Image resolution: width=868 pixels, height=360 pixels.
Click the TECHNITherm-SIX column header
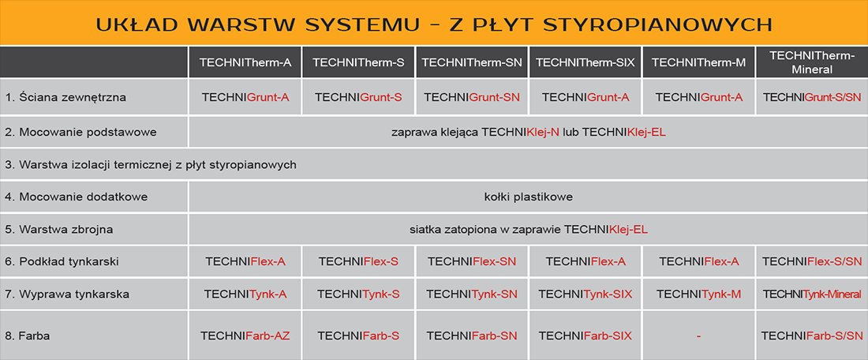tap(586, 62)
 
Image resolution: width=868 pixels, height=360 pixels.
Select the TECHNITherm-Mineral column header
tap(812, 62)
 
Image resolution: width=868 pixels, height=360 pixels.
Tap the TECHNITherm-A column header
tap(245, 62)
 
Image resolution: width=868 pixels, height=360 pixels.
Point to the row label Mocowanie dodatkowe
tap(77, 197)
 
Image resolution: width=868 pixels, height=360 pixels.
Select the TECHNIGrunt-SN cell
tap(472, 97)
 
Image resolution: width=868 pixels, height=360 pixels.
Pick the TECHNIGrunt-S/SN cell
tap(812, 97)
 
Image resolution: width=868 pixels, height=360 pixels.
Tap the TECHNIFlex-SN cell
tap(472, 261)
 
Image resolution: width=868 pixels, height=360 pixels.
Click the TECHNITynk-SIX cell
tap(586, 294)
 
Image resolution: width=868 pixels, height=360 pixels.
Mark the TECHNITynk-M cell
tap(699, 294)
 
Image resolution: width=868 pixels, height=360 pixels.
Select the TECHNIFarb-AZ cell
tap(245, 336)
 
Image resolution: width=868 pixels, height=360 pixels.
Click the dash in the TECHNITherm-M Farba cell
tap(699, 336)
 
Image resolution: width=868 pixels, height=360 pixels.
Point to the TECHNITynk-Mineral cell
tap(812, 294)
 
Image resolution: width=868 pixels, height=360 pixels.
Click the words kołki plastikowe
tap(528, 197)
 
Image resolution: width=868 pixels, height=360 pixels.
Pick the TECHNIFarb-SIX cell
tap(586, 336)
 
